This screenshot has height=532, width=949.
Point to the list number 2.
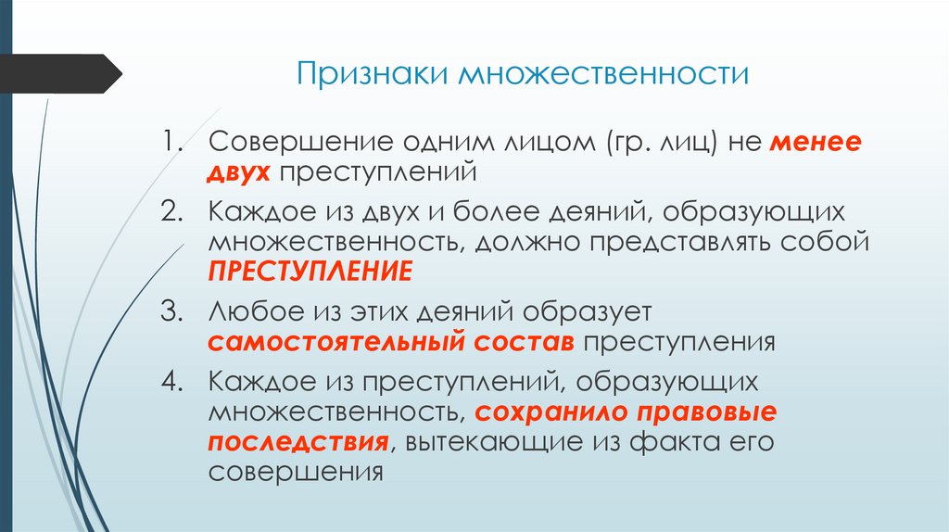coord(173,213)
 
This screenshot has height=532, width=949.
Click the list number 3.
coord(173,311)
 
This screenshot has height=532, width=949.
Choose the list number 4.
coord(173,382)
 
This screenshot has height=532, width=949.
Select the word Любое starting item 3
coord(249,311)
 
